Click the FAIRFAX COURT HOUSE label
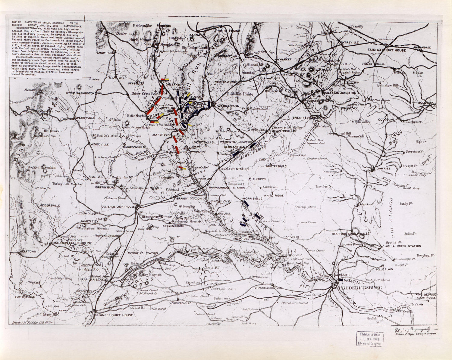pyautogui.click(x=386, y=50)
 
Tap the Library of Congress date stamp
pyautogui.click(x=369, y=339)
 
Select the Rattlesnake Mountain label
pyautogui.click(x=152, y=26)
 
